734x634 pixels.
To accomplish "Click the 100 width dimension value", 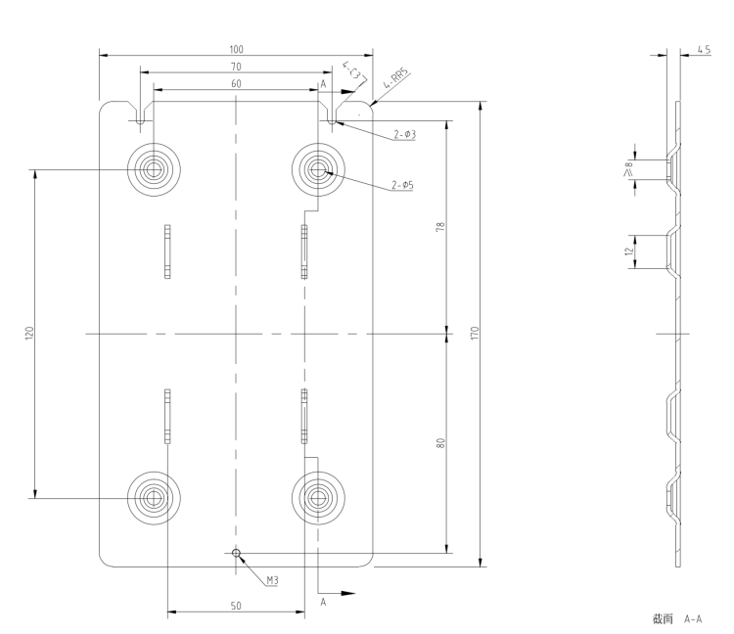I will [236, 48].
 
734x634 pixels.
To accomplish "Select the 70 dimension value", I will [236, 66].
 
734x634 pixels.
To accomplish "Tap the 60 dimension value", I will [236, 83].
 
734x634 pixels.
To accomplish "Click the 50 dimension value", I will [236, 607].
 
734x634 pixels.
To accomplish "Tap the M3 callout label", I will [273, 580].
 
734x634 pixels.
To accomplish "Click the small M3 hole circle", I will [236, 553].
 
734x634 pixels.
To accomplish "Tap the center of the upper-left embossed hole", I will [154, 170].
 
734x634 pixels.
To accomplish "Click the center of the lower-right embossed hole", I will [318, 497].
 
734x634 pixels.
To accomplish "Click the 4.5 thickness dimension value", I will [704, 48].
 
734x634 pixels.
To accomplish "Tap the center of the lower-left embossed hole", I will [154, 497].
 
